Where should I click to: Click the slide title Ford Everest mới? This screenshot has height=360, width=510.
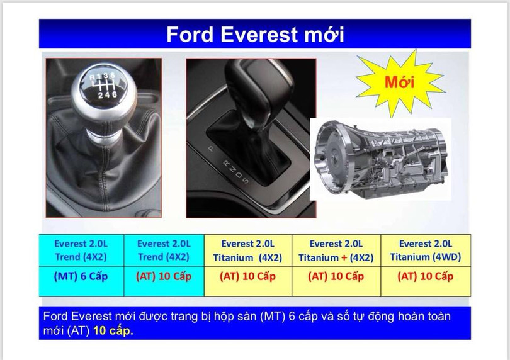(x=255, y=34)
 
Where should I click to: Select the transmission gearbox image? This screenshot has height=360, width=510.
(x=380, y=157)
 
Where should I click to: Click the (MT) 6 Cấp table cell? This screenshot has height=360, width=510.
(x=81, y=276)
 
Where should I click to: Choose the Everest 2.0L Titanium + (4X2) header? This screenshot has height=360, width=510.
(x=336, y=250)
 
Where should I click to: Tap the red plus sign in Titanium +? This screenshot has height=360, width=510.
(x=344, y=257)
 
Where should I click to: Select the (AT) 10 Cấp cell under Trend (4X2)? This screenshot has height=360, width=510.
(x=164, y=276)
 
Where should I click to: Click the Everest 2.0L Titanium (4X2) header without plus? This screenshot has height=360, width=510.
(x=247, y=250)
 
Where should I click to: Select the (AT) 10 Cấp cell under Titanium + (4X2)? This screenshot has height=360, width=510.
(x=336, y=276)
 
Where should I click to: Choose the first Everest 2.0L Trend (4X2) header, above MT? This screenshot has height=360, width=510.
(x=81, y=250)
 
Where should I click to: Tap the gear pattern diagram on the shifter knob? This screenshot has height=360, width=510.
(x=103, y=86)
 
